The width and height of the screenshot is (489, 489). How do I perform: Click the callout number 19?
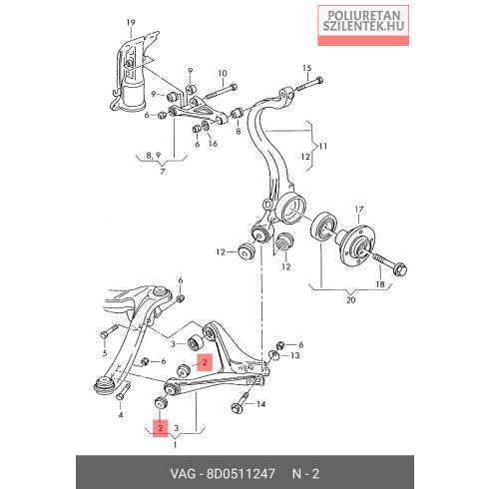click(131, 23)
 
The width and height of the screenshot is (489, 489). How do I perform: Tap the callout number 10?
click(223, 74)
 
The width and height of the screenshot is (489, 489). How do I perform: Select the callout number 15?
click(307, 68)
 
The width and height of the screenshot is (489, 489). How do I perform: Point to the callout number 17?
click(359, 210)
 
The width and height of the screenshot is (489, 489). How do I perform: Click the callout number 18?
click(380, 284)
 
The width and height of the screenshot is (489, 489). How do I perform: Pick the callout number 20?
click(350, 300)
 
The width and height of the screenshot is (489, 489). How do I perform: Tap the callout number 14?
click(261, 404)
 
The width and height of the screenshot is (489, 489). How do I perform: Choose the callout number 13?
click(295, 355)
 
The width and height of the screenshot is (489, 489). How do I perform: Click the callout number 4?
click(121, 415)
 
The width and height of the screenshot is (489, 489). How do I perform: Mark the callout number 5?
click(105, 353)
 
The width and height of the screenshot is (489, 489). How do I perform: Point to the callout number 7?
click(163, 172)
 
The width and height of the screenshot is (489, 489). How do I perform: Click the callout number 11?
click(322, 146)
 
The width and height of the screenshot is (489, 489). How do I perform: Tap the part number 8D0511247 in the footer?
click(242, 473)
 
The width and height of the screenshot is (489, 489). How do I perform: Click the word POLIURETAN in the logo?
click(363, 15)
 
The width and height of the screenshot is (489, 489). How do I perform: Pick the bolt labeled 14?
click(241, 402)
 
